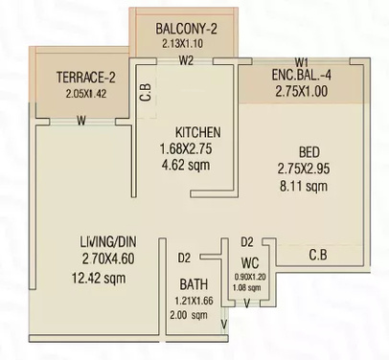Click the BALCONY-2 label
click(x=187, y=29)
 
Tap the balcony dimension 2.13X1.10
click(x=187, y=43)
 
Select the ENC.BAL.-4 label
click(x=301, y=76)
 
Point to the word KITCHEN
click(x=198, y=132)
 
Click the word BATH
click(x=195, y=284)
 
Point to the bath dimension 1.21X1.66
click(x=196, y=301)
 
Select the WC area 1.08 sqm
click(x=247, y=286)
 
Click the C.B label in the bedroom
click(x=320, y=255)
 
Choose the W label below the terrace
click(x=81, y=121)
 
